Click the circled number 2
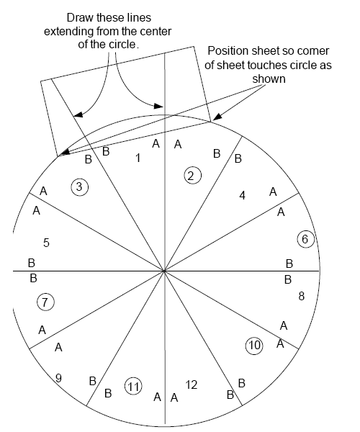(x=192, y=176)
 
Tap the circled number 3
(x=79, y=187)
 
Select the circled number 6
(x=305, y=239)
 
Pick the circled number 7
(x=45, y=302)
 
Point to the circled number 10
(x=254, y=345)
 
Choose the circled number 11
(x=133, y=386)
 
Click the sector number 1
(x=138, y=158)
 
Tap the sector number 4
(x=242, y=195)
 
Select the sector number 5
(x=46, y=243)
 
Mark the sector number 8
(x=302, y=296)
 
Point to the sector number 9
(x=58, y=378)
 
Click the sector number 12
(x=191, y=384)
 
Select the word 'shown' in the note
(x=269, y=78)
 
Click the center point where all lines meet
(x=164, y=271)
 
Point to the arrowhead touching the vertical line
(x=159, y=106)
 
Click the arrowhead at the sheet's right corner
(x=217, y=117)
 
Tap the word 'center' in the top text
(x=156, y=32)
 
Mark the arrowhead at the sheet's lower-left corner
(x=64, y=153)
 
